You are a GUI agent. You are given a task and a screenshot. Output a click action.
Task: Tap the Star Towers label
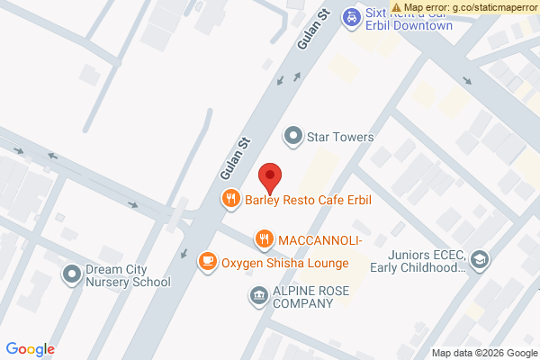340,137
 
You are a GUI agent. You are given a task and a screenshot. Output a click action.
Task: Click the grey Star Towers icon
292,137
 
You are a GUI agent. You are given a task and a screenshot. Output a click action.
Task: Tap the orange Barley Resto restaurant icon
231,199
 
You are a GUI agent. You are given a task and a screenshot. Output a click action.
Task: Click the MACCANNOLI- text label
320,239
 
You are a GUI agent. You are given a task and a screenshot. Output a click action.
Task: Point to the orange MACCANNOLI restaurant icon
264,239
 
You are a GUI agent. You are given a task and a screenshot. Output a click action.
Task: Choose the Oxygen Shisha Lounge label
284,263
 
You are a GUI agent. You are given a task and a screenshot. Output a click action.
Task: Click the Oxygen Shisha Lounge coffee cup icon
208,262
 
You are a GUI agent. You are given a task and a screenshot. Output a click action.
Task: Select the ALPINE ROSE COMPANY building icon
258,295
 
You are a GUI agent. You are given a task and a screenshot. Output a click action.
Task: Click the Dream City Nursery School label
127,274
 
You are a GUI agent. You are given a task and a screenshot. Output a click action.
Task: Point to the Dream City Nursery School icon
72,272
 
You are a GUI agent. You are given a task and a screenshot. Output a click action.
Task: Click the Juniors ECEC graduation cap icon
480,260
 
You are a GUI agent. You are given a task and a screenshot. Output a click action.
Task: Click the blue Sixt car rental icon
353,16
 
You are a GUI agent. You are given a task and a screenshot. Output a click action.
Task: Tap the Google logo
31,349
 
